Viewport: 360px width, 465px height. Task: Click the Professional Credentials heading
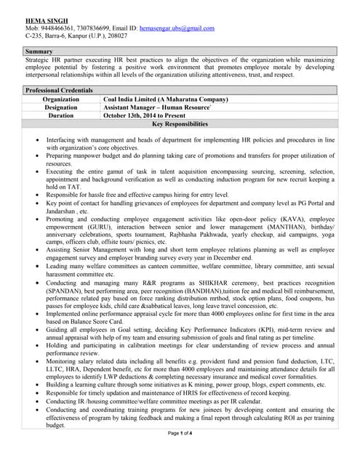[61, 89]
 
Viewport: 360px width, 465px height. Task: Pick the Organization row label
[61, 98]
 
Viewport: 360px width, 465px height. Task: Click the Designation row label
[61, 107]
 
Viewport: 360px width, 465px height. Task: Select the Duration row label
[61, 115]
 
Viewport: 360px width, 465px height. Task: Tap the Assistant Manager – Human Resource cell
[157, 107]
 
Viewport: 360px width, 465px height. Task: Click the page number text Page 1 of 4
[180, 453]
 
